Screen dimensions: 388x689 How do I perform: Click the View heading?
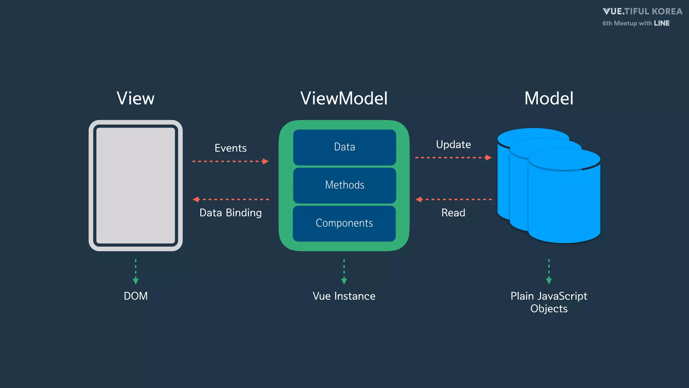pyautogui.click(x=136, y=98)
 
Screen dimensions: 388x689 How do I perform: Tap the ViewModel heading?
pyautogui.click(x=344, y=98)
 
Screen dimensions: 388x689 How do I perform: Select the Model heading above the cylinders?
pyautogui.click(x=549, y=98)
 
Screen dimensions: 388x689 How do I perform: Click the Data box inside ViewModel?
pyautogui.click(x=344, y=147)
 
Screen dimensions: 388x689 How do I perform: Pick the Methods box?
pyautogui.click(x=344, y=185)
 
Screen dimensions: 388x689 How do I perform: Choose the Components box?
pyautogui.click(x=344, y=223)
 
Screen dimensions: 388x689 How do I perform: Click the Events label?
pyautogui.click(x=230, y=148)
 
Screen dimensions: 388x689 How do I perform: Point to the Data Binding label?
pyautogui.click(x=230, y=213)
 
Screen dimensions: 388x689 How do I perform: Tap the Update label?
pyautogui.click(x=453, y=144)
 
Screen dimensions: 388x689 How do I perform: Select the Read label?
pyautogui.click(x=453, y=213)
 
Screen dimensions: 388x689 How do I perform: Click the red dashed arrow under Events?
pyautogui.click(x=230, y=161)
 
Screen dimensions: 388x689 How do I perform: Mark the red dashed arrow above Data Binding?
pyautogui.click(x=230, y=199)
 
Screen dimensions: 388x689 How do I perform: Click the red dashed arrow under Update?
pyautogui.click(x=453, y=157)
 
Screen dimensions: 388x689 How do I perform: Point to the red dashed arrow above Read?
pyautogui.click(x=453, y=199)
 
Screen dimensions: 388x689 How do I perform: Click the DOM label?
pyautogui.click(x=136, y=296)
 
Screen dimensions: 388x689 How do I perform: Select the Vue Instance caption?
pyautogui.click(x=344, y=296)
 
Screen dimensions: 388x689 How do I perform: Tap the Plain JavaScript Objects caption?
pyautogui.click(x=549, y=302)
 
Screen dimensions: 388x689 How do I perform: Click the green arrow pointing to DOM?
pyautogui.click(x=136, y=271)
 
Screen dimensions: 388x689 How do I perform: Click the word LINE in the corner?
pyautogui.click(x=661, y=23)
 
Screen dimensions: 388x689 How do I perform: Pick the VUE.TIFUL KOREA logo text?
pyautogui.click(x=642, y=11)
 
